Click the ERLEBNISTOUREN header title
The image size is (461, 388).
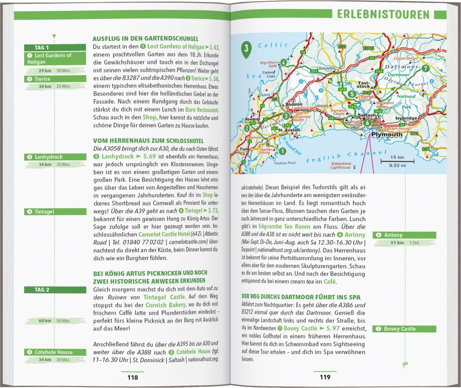[383, 15]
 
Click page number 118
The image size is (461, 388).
[133, 377]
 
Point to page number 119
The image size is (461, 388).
[325, 377]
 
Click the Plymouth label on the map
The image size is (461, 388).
[387, 134]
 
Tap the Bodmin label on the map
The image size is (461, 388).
[294, 104]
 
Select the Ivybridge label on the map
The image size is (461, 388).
[406, 118]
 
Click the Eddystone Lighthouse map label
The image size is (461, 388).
[340, 166]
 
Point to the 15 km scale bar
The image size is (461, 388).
[397, 161]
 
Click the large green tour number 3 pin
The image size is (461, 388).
[246, 49]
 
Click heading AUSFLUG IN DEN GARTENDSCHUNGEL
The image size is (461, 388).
[146, 39]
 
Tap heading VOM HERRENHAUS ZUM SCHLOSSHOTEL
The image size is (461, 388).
[148, 141]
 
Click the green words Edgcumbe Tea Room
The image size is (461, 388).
[284, 227]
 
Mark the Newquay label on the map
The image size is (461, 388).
[252, 119]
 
